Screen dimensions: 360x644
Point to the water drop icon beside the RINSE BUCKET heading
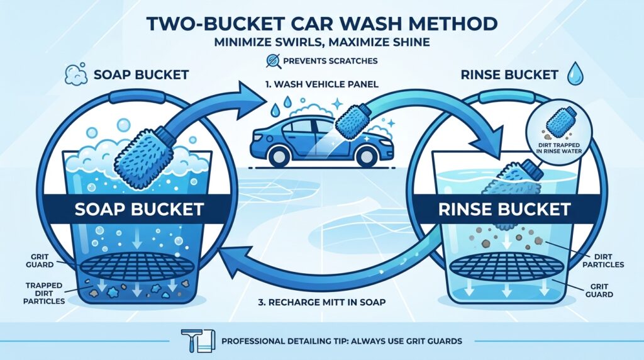click(574, 74)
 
